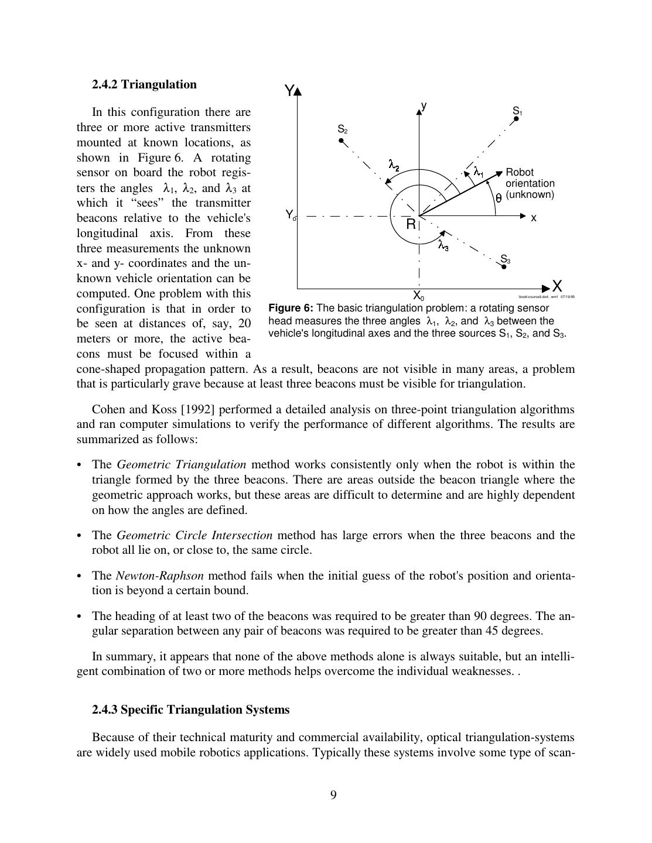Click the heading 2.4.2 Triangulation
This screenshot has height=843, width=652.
pos(144,84)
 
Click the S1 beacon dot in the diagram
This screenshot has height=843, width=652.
pos(516,119)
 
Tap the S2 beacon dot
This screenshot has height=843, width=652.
pos(342,140)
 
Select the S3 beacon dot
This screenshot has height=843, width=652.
pos(504,266)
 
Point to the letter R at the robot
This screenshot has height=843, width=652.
pos(411,224)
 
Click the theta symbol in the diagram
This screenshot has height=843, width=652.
pos(499,198)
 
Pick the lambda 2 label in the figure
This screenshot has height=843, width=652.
pos(394,166)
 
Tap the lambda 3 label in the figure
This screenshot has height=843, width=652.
pos(443,246)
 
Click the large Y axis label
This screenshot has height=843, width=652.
pos(289,91)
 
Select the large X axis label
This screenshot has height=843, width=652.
pos(557,286)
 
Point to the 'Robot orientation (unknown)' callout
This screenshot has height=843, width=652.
pos(530,183)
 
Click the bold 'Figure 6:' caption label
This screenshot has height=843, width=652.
pos(291,308)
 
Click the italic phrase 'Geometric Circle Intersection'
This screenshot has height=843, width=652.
pos(194,535)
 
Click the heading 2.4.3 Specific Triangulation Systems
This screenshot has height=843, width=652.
pos(190,710)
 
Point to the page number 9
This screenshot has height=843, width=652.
pos(333,794)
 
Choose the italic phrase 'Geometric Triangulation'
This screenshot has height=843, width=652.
pos(182,464)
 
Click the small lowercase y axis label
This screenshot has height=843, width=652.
pos(424,106)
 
